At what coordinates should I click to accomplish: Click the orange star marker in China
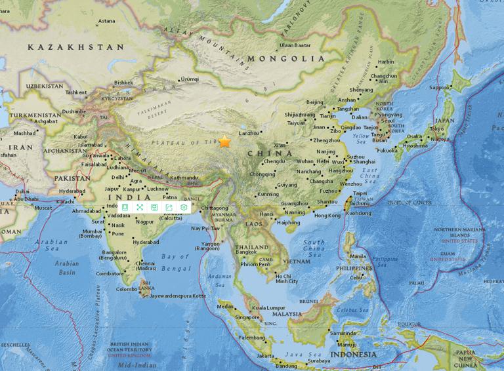coord(225,141)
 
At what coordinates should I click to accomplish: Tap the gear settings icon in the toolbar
coord(184,207)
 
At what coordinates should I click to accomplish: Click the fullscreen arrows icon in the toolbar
coord(139,207)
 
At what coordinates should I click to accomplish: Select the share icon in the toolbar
coord(169,207)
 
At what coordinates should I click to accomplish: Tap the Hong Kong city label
coord(327,215)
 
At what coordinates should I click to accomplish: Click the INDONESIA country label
coord(354,354)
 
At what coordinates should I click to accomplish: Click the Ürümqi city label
coord(189,79)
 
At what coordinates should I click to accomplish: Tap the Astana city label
coord(106,21)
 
